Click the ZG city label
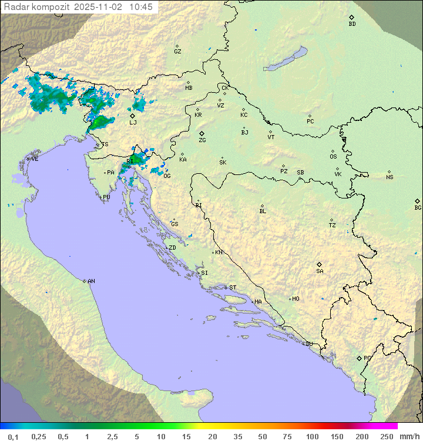(x=202, y=140)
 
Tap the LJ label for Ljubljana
(x=133, y=122)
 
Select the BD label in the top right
(x=352, y=24)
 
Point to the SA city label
(x=320, y=271)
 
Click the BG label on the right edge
(x=418, y=207)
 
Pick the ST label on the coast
(x=233, y=287)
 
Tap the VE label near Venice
(x=35, y=159)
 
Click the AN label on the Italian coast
(x=91, y=281)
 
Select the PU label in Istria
(x=106, y=197)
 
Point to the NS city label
(x=390, y=177)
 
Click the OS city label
(x=333, y=157)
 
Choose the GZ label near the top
(x=177, y=51)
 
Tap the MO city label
(x=296, y=298)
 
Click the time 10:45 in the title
(x=141, y=6)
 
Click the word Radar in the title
(x=16, y=6)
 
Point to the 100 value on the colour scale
(x=312, y=436)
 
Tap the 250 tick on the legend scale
(x=386, y=436)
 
